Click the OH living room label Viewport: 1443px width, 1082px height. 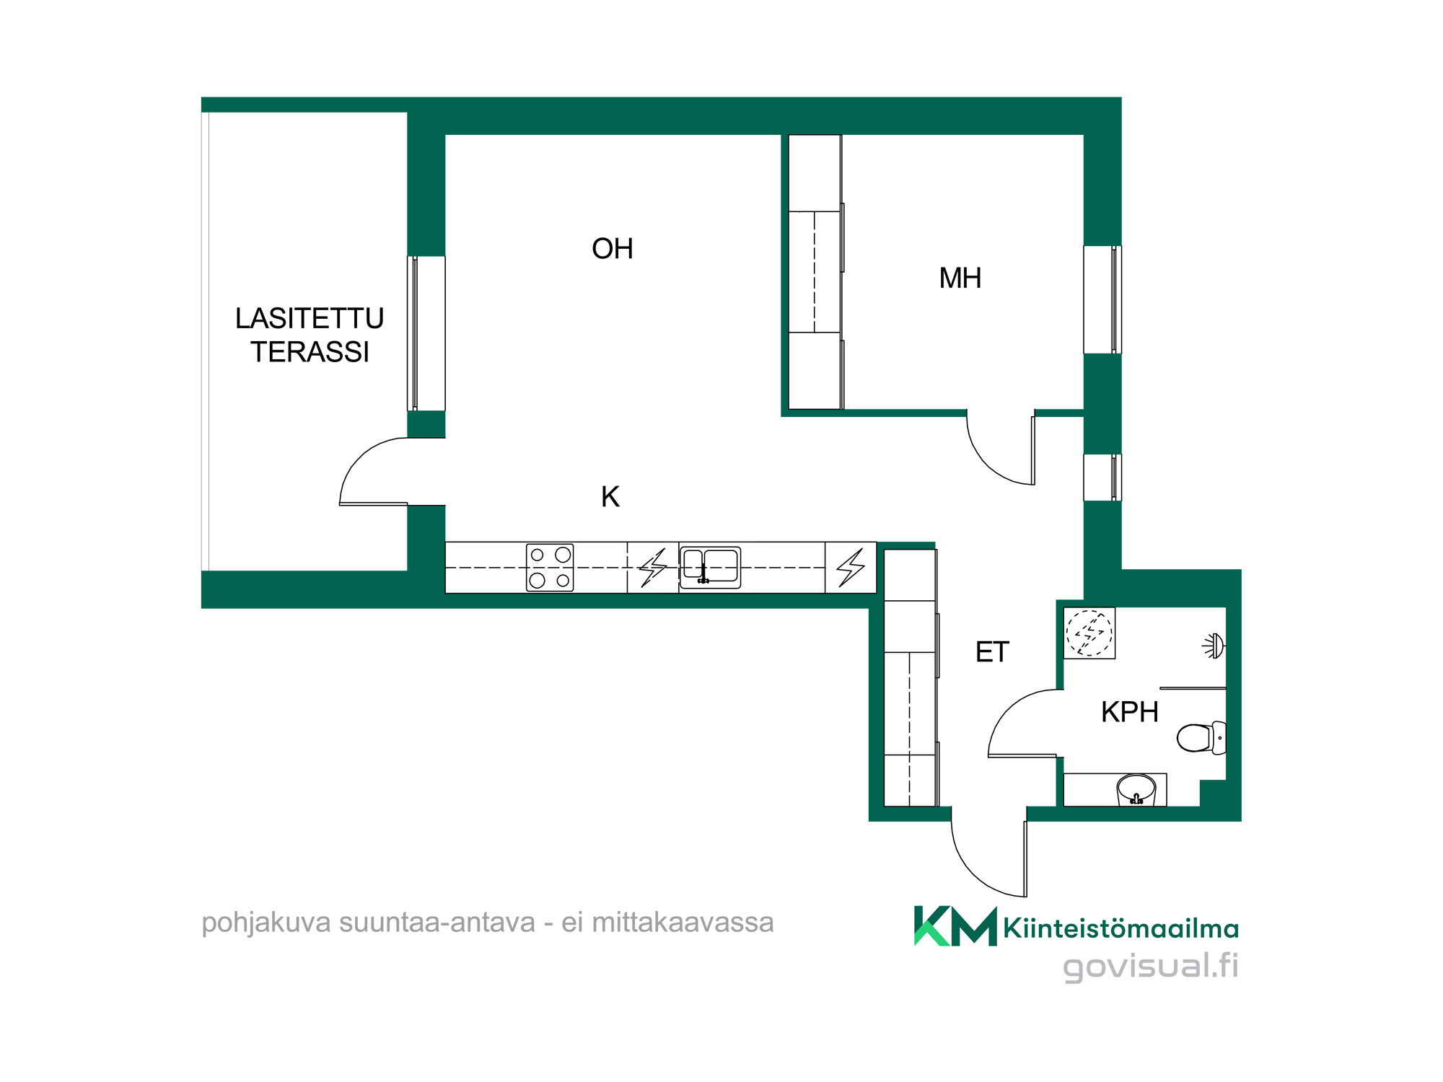(613, 249)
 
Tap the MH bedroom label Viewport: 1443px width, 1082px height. (960, 278)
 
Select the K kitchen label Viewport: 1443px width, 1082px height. (610, 497)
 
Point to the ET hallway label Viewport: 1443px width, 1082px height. (992, 652)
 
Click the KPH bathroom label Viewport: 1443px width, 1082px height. (1130, 712)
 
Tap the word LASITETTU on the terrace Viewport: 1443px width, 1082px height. (310, 318)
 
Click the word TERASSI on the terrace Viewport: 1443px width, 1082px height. (310, 352)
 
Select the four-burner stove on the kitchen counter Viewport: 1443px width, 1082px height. (550, 568)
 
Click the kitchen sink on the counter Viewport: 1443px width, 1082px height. (710, 568)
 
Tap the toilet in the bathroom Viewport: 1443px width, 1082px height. (1201, 738)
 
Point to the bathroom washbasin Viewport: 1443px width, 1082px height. (1136, 790)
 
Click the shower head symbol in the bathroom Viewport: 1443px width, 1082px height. (1214, 646)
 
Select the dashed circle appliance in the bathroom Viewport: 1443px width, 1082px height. (1089, 633)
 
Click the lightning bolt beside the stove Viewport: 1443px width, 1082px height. (653, 568)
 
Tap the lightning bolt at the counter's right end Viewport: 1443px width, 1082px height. (851, 568)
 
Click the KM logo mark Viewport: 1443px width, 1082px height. (955, 926)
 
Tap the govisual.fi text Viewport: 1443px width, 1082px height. (1151, 966)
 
